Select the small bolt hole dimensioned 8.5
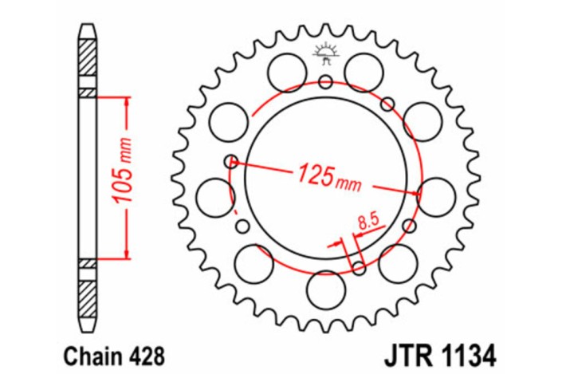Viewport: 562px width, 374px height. pyautogui.click(x=359, y=266)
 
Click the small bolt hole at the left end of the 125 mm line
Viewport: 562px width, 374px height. pyautogui.click(x=232, y=160)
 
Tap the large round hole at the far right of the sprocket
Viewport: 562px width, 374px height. pyautogui.click(x=435, y=195)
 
